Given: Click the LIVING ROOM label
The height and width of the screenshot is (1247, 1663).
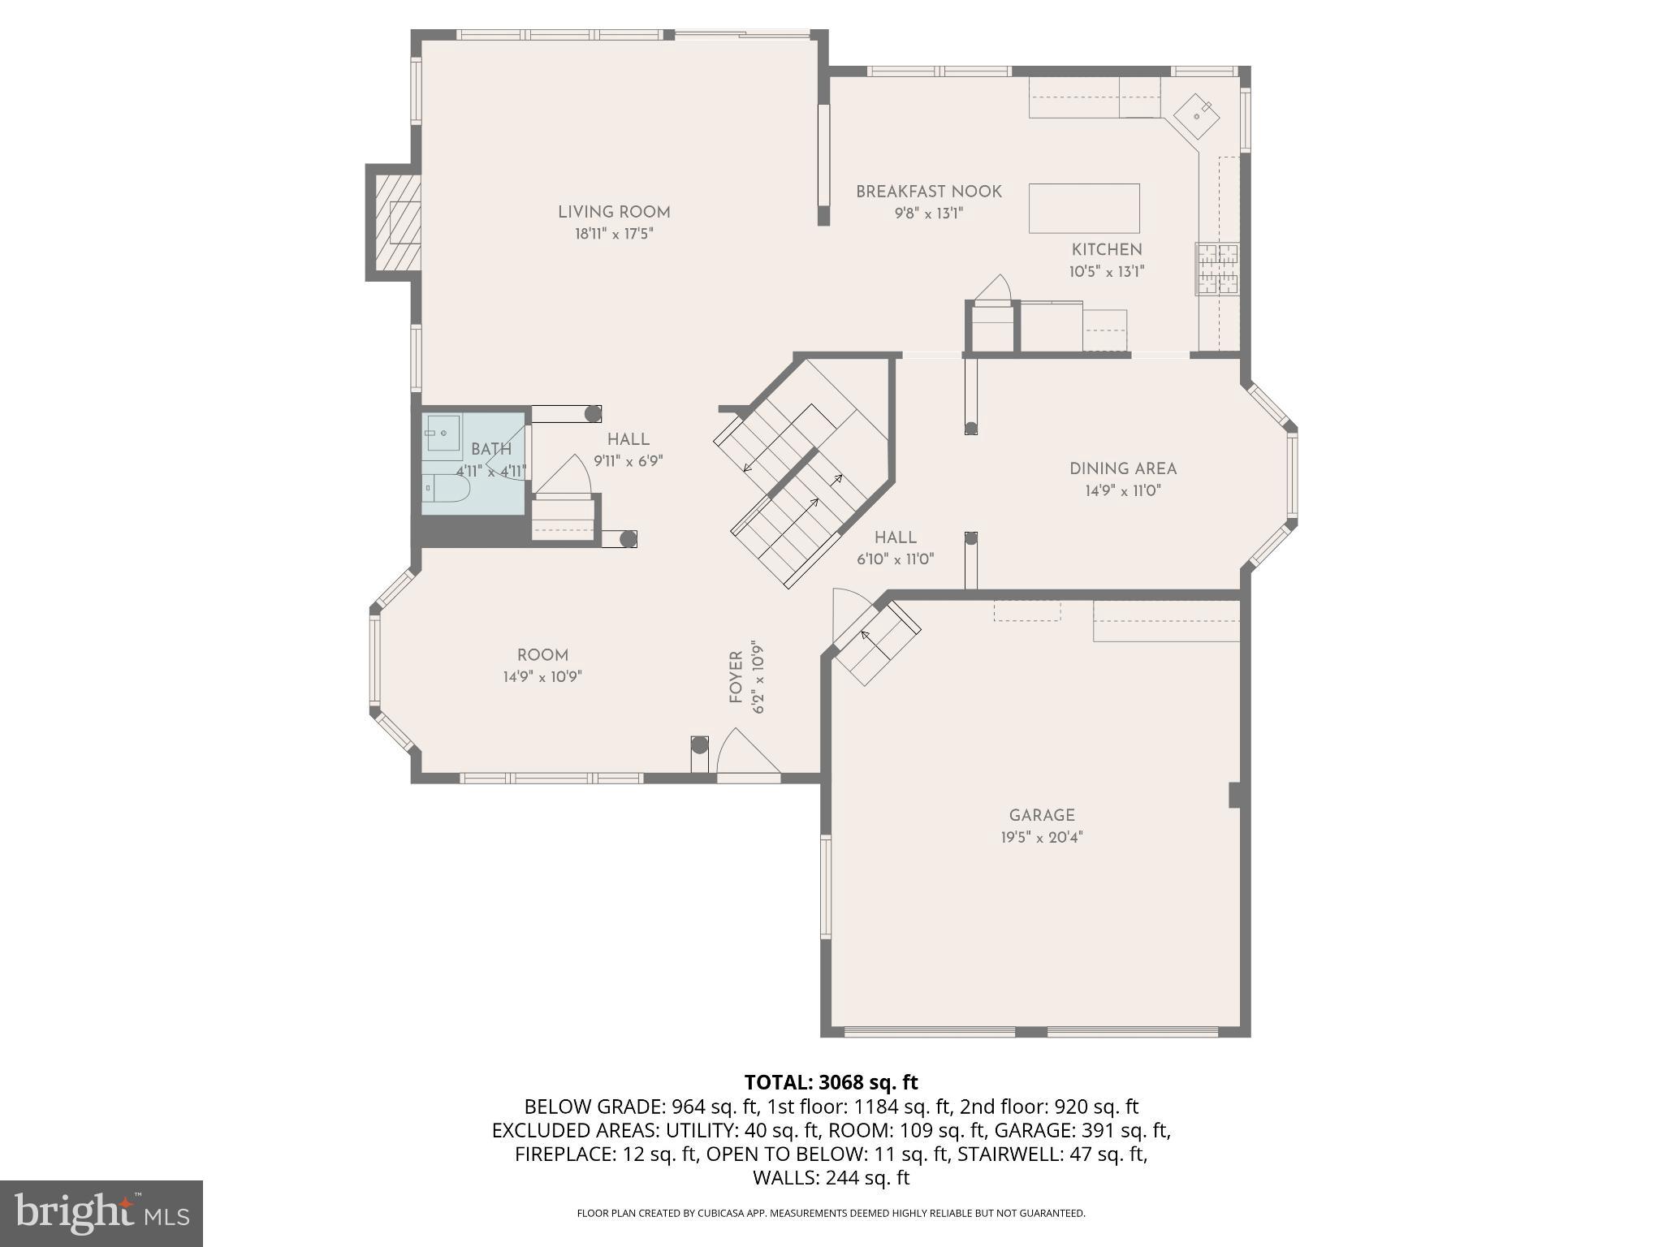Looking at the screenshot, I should (x=613, y=212).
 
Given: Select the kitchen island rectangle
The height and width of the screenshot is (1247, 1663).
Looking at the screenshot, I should (x=1083, y=208).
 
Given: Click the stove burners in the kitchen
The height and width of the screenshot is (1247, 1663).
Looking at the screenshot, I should (x=1216, y=269).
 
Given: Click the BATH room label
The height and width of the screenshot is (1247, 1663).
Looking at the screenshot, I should (x=491, y=449).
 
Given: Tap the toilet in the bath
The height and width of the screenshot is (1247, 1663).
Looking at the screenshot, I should (x=448, y=488).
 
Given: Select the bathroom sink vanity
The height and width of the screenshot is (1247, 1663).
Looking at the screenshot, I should (x=442, y=435).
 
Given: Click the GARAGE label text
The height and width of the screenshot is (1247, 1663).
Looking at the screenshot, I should (x=1041, y=815).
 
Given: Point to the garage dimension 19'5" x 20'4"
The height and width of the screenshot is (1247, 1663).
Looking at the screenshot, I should (x=1041, y=837).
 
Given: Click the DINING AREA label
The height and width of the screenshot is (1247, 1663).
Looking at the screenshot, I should (x=1122, y=468).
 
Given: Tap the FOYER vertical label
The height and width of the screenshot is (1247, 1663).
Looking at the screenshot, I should (x=736, y=677).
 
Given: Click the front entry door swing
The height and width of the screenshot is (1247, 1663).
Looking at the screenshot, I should (x=745, y=753).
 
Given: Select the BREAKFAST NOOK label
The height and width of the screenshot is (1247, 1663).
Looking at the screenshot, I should (x=928, y=192).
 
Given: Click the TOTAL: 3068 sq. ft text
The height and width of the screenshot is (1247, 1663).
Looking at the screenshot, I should (x=831, y=1082).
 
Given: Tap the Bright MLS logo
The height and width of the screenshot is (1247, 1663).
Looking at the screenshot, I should (x=101, y=1213).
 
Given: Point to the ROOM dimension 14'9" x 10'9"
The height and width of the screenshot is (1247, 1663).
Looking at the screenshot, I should (x=542, y=676).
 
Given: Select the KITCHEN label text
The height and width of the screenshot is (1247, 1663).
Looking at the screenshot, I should (x=1106, y=250).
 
